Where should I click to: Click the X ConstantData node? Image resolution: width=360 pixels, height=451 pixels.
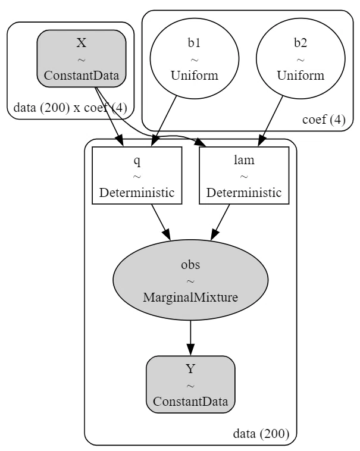(x=82, y=58)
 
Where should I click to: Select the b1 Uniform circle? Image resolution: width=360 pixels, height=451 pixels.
(x=195, y=58)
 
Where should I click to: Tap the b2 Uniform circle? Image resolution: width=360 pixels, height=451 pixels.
(x=300, y=58)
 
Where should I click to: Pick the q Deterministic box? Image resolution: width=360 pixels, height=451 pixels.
(x=137, y=176)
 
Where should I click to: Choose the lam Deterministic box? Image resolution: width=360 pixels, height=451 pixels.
(x=244, y=176)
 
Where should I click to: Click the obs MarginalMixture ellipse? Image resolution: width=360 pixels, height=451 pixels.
(x=190, y=280)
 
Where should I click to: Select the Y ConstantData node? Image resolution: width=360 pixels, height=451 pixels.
(x=190, y=384)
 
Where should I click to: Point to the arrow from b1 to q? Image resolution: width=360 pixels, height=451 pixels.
(x=164, y=121)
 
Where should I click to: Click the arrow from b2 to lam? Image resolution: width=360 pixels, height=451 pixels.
(x=270, y=121)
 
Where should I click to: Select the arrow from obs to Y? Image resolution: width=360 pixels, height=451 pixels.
(x=190, y=338)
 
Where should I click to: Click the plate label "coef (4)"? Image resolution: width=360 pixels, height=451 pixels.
(x=324, y=120)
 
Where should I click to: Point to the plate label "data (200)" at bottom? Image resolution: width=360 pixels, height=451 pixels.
(x=261, y=433)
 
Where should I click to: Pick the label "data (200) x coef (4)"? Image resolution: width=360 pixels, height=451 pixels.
(x=70, y=108)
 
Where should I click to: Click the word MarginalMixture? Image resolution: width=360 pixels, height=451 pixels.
(x=190, y=297)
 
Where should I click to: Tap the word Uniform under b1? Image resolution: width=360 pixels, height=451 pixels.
(x=195, y=76)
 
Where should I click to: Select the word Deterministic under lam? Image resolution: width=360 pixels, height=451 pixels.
(x=244, y=192)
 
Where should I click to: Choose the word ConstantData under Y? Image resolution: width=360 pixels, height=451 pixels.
(x=190, y=401)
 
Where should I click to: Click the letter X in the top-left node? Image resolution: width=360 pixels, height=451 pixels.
(x=82, y=43)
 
